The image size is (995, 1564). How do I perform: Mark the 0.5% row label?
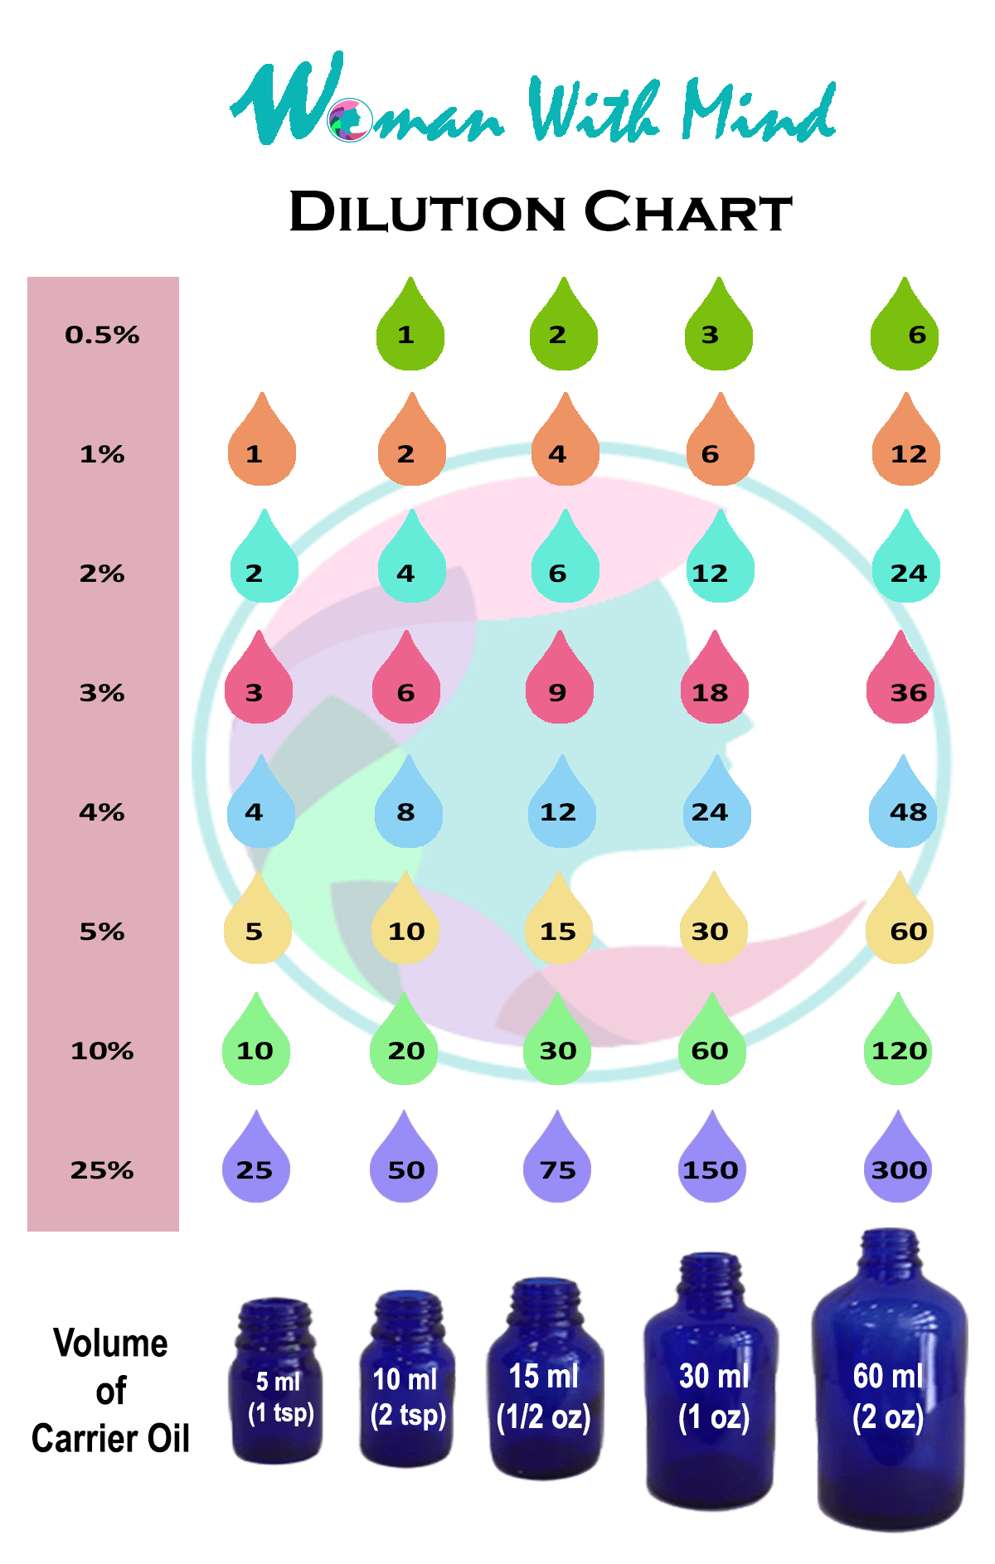(x=102, y=335)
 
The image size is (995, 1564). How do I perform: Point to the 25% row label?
(x=102, y=1170)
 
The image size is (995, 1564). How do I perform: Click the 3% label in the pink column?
(x=102, y=693)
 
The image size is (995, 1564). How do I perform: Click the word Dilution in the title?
(x=427, y=212)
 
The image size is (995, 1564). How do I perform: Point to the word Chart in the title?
(x=688, y=212)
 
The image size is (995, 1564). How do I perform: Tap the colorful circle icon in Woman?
(x=349, y=121)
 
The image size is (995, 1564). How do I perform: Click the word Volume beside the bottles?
(x=110, y=1344)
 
